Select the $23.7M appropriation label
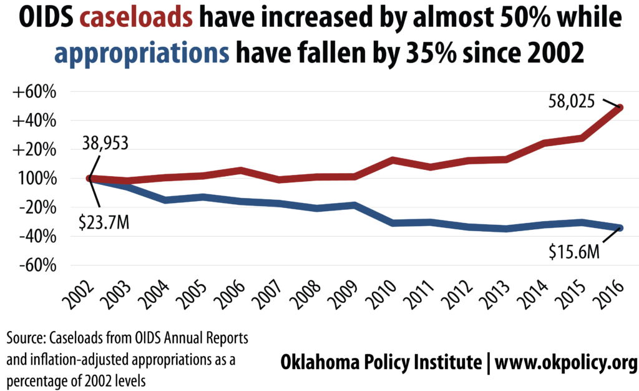coord(104,222)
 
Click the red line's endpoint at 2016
coord(620,107)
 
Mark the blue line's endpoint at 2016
coord(620,228)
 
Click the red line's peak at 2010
coord(392,160)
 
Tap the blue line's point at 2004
coord(165,200)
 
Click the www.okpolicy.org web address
coord(566,362)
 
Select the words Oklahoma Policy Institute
coord(381,362)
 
